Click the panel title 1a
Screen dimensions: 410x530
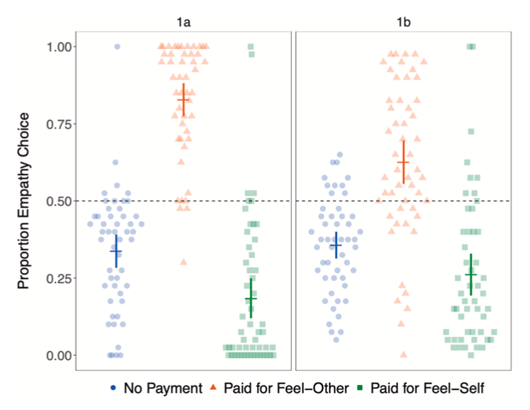point(183,22)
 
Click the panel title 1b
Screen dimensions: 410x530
point(403,22)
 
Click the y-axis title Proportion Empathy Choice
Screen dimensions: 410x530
point(24,201)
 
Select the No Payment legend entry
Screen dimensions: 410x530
point(156,388)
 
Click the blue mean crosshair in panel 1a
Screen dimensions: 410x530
point(116,251)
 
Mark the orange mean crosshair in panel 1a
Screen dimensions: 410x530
point(183,100)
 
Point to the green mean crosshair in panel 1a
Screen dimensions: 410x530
point(250,299)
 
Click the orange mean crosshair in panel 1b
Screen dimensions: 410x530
point(403,162)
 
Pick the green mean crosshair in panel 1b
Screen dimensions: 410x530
point(471,274)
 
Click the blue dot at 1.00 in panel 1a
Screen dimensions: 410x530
point(117,47)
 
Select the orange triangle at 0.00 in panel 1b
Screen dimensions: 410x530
point(403,354)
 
